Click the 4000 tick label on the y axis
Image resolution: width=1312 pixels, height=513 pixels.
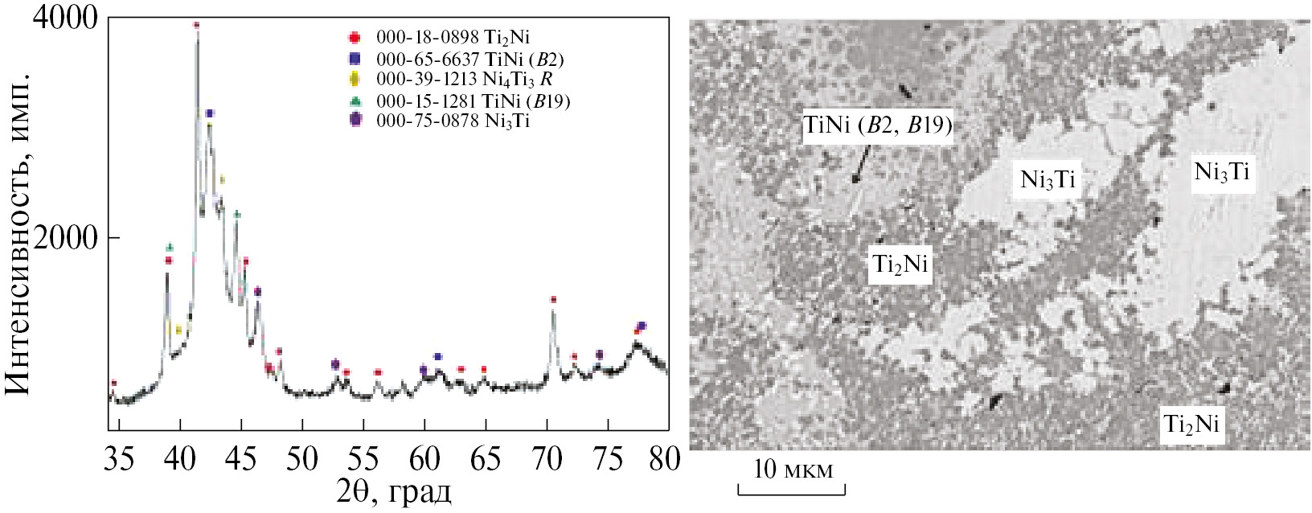click(64, 18)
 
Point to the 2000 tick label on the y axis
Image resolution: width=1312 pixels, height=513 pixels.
click(64, 238)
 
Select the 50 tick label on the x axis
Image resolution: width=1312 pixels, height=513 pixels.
click(302, 459)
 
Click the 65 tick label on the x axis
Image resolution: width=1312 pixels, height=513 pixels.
click(486, 459)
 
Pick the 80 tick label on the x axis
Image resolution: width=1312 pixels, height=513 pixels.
click(664, 459)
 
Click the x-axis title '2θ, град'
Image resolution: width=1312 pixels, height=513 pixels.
click(393, 491)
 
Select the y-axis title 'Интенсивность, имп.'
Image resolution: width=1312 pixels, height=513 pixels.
click(18, 233)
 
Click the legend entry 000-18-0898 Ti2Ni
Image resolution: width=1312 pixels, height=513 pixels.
click(452, 37)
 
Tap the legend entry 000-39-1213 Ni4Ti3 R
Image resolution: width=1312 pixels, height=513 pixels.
click(463, 80)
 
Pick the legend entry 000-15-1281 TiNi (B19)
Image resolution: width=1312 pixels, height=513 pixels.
click(472, 101)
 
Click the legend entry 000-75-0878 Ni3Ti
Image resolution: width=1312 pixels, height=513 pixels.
click(452, 121)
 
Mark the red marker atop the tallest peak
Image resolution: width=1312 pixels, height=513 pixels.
click(196, 25)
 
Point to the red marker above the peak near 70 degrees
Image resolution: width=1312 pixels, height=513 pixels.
click(553, 300)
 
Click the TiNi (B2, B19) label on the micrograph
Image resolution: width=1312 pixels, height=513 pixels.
click(877, 126)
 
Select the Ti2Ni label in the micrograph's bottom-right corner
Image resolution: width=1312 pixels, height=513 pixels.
click(1191, 424)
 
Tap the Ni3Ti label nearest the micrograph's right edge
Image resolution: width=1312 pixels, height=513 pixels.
click(1221, 172)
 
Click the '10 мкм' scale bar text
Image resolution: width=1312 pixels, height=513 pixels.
click(793, 470)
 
